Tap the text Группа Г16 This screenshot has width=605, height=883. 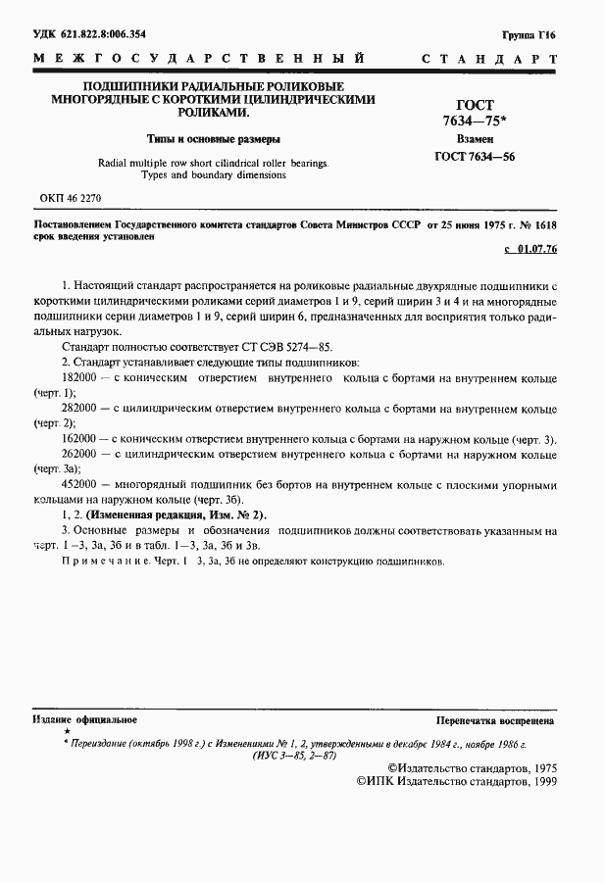pos(530,34)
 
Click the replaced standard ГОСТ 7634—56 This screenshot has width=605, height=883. pos(476,157)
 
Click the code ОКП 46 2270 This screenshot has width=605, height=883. pos(71,197)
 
